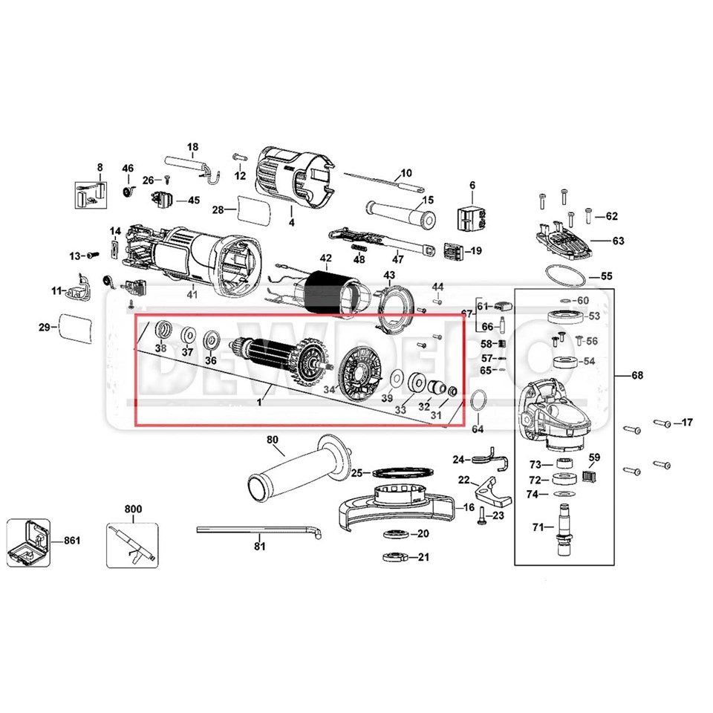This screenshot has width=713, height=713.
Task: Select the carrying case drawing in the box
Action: point(28,540)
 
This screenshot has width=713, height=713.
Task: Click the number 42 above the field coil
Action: point(325,258)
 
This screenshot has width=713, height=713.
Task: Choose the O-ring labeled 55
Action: point(568,276)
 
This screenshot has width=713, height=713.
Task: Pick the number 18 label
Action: point(192,146)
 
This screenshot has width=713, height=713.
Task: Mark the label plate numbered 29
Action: point(75,327)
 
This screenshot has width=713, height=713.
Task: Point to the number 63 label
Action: point(618,241)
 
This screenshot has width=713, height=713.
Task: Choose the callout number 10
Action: point(406,173)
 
